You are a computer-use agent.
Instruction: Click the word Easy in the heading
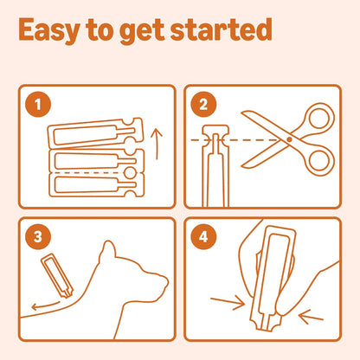(x=49, y=31)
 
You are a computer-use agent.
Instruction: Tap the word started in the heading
(x=222, y=29)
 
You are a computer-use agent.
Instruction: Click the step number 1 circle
(x=38, y=104)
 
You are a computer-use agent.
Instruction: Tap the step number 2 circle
(x=203, y=104)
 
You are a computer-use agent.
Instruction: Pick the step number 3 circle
(x=38, y=237)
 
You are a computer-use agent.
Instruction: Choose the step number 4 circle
(x=203, y=237)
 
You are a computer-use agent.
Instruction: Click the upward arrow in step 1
(x=157, y=145)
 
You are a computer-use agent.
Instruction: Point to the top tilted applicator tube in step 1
(x=95, y=133)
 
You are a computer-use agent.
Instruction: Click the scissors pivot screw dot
(x=289, y=139)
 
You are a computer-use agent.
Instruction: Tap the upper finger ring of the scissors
(x=318, y=119)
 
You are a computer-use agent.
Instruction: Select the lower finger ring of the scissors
(x=319, y=160)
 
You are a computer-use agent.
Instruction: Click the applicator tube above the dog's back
(x=57, y=275)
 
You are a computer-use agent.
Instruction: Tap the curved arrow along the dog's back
(x=46, y=305)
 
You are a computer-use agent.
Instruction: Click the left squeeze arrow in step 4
(x=228, y=302)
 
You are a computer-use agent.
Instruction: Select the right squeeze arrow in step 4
(x=311, y=317)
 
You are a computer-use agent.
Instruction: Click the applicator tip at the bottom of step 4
(x=267, y=323)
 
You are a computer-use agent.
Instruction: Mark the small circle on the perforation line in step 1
(x=129, y=172)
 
